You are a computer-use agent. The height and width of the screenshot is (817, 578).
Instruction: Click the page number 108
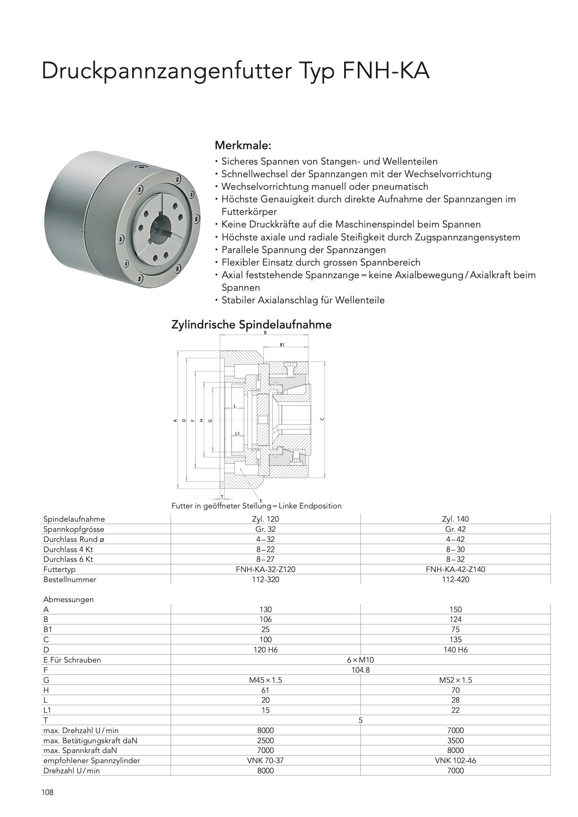pos(47,792)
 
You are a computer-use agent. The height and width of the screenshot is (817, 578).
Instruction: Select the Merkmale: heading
pos(243,145)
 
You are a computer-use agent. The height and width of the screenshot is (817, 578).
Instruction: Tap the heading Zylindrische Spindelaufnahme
pos(251,325)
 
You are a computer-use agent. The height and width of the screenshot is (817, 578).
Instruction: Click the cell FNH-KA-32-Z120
pos(265,569)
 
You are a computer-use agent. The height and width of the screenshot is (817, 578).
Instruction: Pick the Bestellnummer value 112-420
pos(455,579)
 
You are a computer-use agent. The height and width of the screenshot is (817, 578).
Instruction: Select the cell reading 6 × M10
pos(361,660)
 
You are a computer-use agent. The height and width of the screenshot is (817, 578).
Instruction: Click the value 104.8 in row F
pos(361,670)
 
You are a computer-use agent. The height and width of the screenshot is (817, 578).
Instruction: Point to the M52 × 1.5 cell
pos(455,680)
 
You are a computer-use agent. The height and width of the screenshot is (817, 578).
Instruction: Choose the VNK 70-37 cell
pos(265,760)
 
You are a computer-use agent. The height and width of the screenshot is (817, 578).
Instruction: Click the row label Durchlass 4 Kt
pos(68,549)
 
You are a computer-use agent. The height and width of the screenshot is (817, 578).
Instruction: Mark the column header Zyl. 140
pos(455,519)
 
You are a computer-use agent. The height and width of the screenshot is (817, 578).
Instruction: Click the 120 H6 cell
pos(265,650)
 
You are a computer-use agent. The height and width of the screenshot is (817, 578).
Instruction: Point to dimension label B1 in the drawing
pos(282,345)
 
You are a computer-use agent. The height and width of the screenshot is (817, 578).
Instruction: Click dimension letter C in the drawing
pos(322,419)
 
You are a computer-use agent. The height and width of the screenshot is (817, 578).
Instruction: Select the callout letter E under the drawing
pos(261,501)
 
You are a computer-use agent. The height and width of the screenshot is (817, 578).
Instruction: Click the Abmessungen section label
pos(69,599)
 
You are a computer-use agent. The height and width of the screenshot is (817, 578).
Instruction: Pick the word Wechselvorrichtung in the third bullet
pos(259,187)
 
